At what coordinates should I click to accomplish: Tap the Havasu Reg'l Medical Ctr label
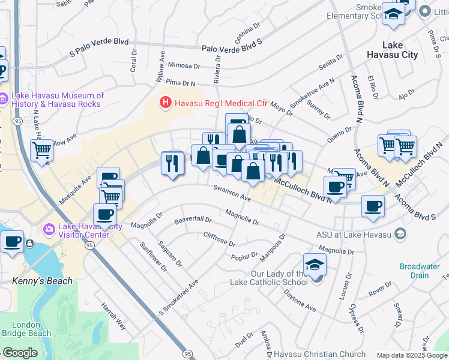220,103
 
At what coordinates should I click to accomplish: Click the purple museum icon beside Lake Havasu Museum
4,98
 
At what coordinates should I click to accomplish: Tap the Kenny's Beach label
42,281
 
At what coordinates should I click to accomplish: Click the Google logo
20,353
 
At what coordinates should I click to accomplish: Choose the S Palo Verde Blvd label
99,47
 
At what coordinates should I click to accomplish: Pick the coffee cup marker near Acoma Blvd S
373,207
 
